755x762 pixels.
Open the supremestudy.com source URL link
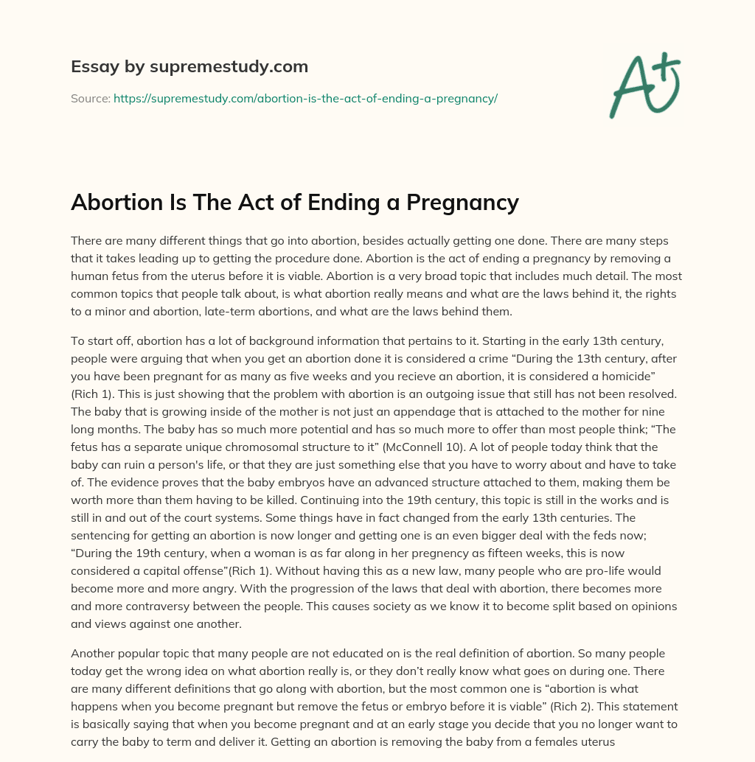click(x=305, y=98)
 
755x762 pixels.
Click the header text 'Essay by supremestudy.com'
click(x=189, y=67)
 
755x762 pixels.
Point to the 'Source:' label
click(x=91, y=98)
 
